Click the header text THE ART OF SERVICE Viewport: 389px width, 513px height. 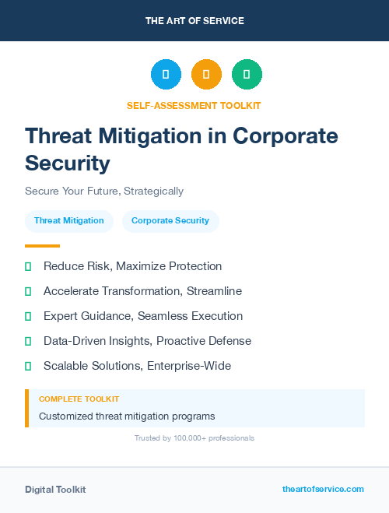click(194, 21)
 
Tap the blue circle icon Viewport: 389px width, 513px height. click(166, 75)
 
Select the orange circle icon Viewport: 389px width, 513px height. click(206, 75)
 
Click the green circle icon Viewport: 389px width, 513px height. click(247, 75)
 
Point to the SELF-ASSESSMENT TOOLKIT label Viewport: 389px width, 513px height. click(194, 105)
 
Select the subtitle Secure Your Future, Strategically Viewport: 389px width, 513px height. click(104, 191)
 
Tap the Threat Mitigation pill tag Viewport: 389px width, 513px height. click(69, 221)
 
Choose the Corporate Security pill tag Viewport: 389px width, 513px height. click(170, 221)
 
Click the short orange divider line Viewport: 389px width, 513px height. click(42, 246)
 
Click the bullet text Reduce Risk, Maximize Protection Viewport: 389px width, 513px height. click(132, 266)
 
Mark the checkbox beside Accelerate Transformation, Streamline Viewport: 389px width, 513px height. click(28, 291)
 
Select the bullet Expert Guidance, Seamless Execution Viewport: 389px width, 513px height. click(143, 316)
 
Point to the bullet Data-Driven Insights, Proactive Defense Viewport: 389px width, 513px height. click(147, 341)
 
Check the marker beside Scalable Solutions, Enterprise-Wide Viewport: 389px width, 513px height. click(28, 366)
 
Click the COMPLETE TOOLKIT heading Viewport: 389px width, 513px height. click(79, 399)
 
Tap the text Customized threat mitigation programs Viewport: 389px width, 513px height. click(127, 416)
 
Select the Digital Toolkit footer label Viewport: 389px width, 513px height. click(55, 490)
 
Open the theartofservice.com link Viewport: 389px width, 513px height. click(323, 490)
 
